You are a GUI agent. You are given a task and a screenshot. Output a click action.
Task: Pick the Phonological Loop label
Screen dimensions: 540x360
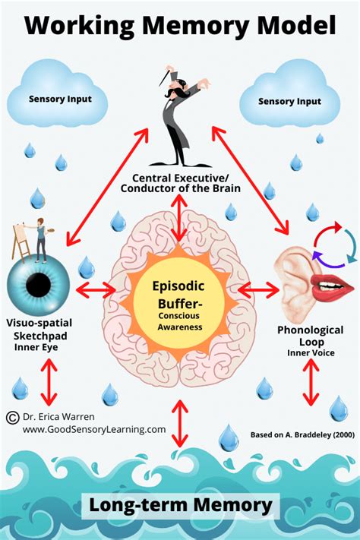click(311, 335)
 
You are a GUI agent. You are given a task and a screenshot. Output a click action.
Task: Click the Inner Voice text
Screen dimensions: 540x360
click(310, 352)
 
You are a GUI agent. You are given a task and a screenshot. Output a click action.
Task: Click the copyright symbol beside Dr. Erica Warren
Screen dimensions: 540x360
click(12, 417)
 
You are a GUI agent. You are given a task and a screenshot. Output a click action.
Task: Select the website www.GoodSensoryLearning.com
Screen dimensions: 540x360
click(93, 429)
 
